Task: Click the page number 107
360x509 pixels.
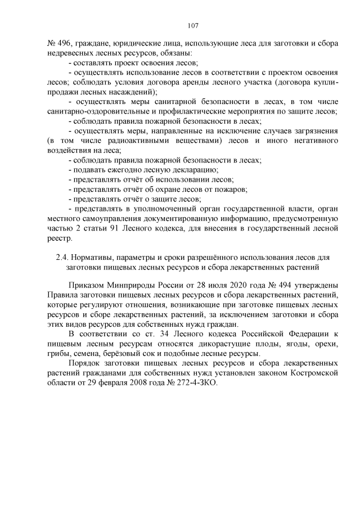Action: [192, 25]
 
